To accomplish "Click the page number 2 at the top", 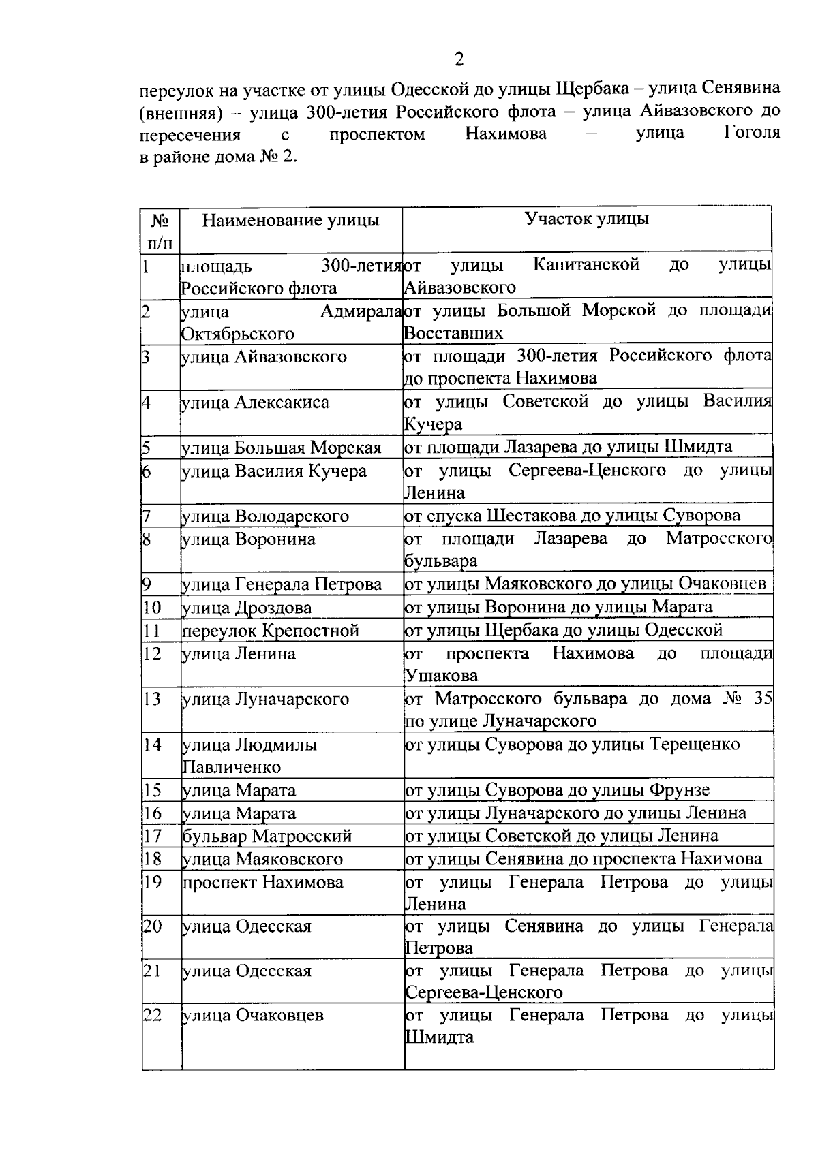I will click(459, 60).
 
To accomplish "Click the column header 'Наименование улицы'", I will click(291, 220).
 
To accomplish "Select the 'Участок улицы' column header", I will click(586, 219).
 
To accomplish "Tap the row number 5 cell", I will click(147, 448).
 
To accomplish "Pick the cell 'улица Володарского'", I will click(265, 516).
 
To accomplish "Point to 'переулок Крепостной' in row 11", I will click(271, 631).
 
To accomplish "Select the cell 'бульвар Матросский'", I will click(267, 836).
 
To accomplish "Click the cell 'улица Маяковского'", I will click(262, 859).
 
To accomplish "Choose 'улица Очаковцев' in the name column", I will click(252, 1016).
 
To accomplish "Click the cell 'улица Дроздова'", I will click(247, 608).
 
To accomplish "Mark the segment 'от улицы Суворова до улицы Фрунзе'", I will click(558, 790).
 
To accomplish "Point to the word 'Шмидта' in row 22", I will click(440, 1038).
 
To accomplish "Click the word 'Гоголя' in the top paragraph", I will click(752, 132).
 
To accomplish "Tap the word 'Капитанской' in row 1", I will click(587, 264).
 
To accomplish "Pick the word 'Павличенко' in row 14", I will click(232, 768).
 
